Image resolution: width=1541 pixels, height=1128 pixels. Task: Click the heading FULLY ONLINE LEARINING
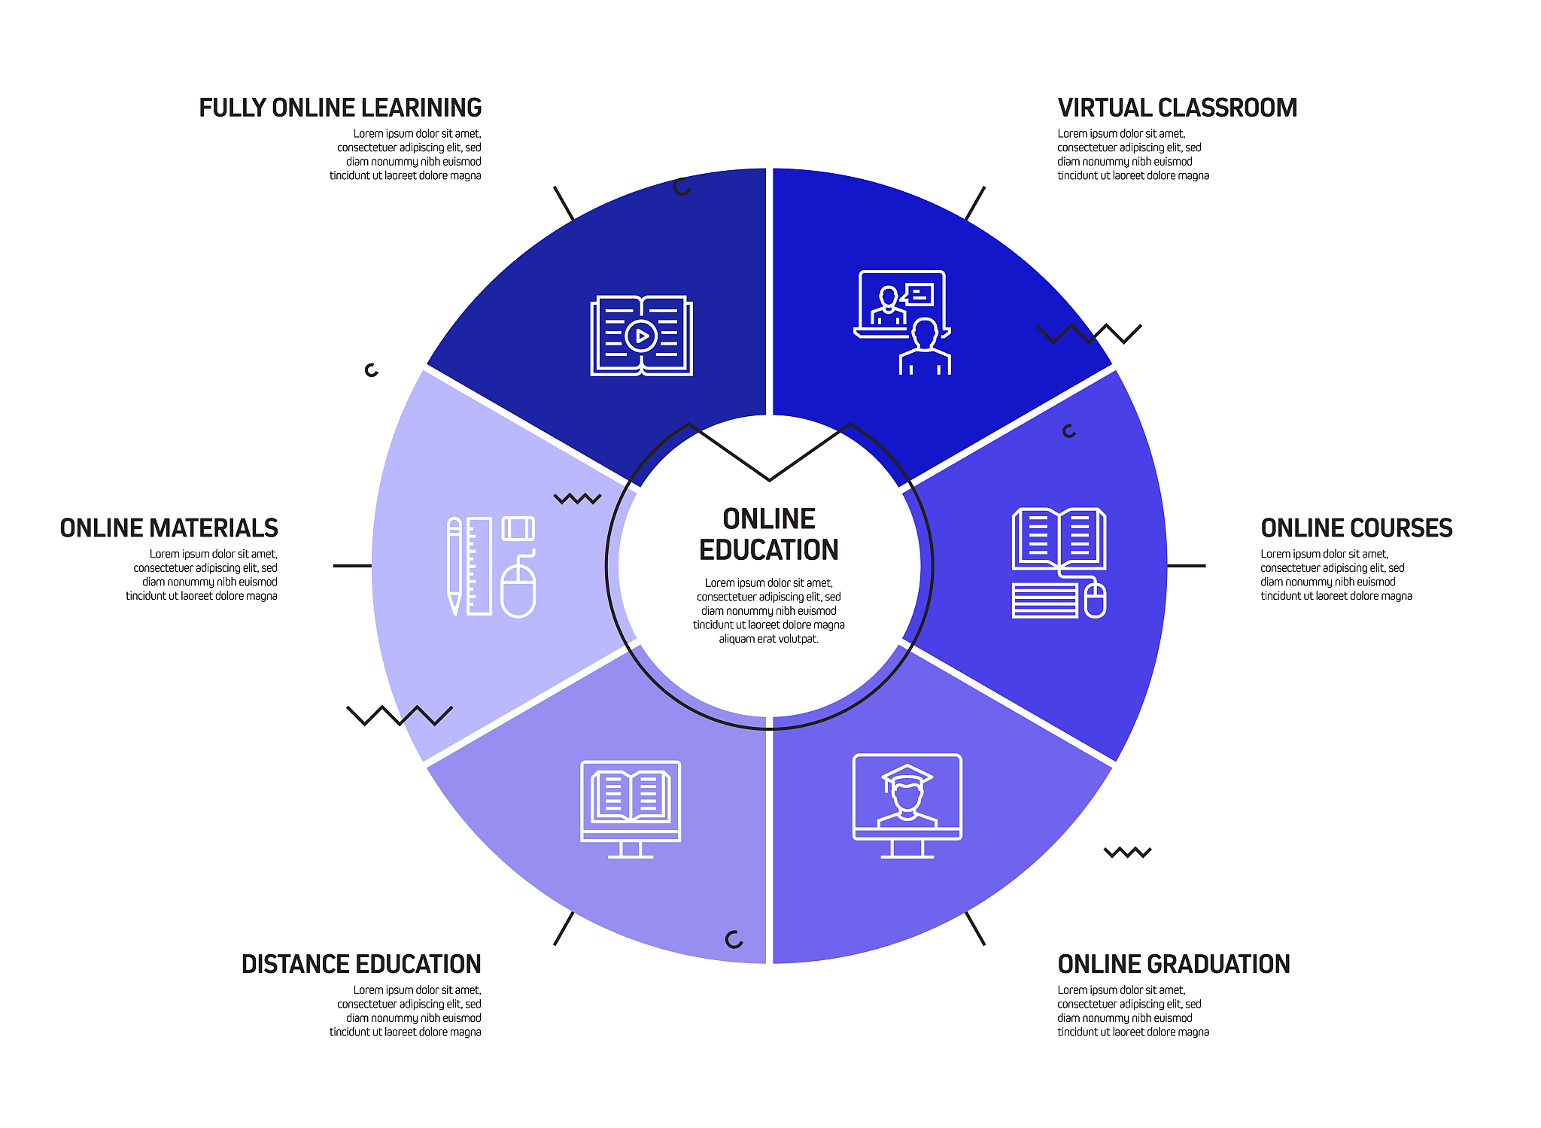[340, 108]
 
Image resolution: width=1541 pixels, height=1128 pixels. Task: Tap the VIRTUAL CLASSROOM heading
[1177, 108]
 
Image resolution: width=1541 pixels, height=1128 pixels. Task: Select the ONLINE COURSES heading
[1356, 528]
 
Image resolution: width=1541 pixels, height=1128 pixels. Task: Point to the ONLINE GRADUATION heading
[1173, 964]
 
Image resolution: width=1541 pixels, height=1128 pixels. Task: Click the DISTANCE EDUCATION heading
[361, 964]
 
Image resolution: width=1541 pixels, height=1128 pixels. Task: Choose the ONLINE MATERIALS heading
[169, 528]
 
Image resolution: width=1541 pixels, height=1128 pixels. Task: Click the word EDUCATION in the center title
[768, 550]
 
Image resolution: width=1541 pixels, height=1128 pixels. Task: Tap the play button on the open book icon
[642, 336]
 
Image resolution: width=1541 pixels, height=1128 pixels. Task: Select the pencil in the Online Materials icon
[454, 566]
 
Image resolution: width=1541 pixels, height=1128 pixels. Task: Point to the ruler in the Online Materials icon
[479, 566]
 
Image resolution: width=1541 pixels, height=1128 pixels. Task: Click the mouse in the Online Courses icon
[1096, 600]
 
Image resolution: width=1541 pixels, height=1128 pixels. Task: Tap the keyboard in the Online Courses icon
[1045, 600]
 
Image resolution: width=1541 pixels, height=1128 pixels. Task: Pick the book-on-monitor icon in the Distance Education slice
[631, 809]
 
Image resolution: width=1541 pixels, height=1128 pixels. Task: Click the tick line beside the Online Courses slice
[1187, 566]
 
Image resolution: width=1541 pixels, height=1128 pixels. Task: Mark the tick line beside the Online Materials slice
[352, 566]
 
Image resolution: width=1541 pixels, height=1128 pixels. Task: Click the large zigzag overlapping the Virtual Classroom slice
[1089, 333]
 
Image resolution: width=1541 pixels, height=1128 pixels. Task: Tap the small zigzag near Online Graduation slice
[1127, 853]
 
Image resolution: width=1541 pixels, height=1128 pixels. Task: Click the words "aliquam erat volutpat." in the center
[768, 639]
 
